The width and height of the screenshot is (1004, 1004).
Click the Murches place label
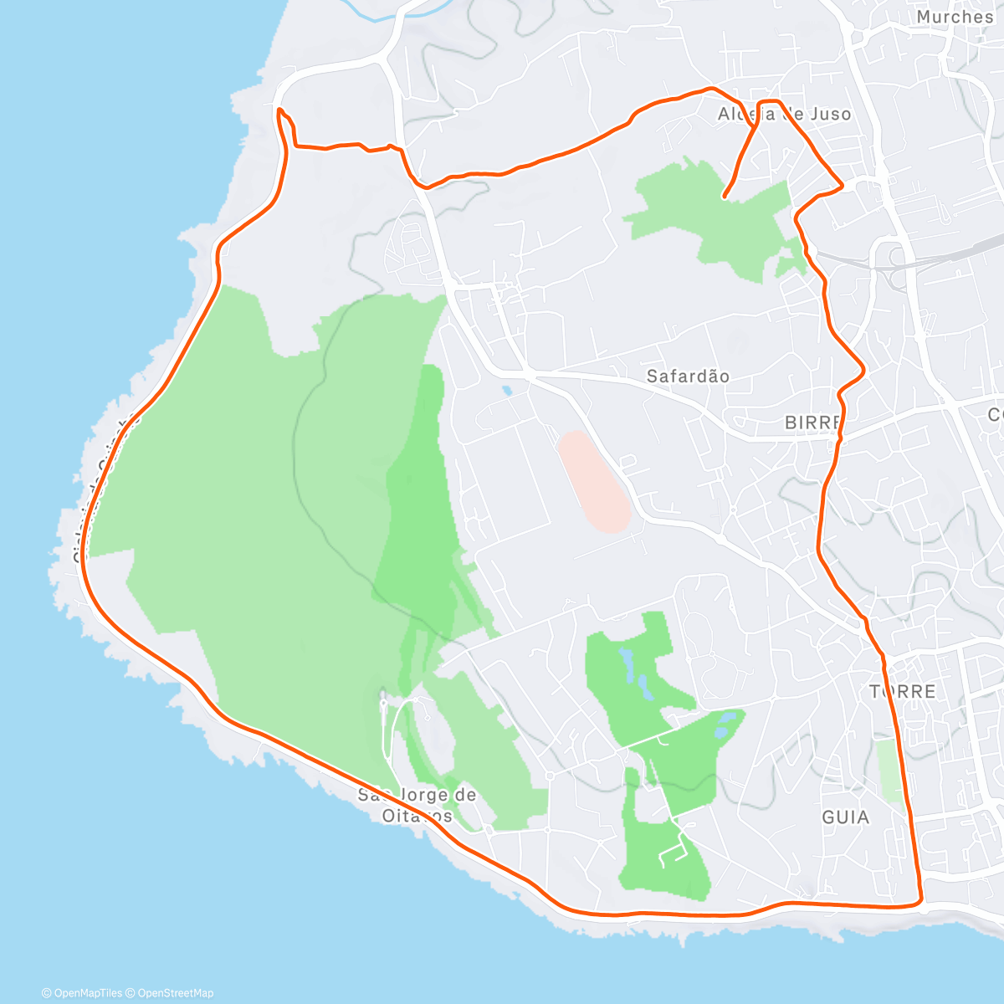tap(954, 17)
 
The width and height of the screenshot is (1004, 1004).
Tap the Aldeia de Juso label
tap(784, 114)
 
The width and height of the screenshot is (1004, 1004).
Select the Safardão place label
tap(688, 376)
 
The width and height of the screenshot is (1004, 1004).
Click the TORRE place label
tap(903, 692)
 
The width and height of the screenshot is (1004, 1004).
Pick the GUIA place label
tap(845, 817)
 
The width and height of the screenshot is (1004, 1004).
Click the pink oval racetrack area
tap(594, 481)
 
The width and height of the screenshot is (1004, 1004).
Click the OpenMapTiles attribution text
tap(82, 993)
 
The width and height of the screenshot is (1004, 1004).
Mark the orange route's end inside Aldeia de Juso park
tap(725, 197)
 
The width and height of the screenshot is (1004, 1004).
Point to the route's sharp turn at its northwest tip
tap(279, 110)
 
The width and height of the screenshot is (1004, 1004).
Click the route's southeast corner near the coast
tap(919, 900)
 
